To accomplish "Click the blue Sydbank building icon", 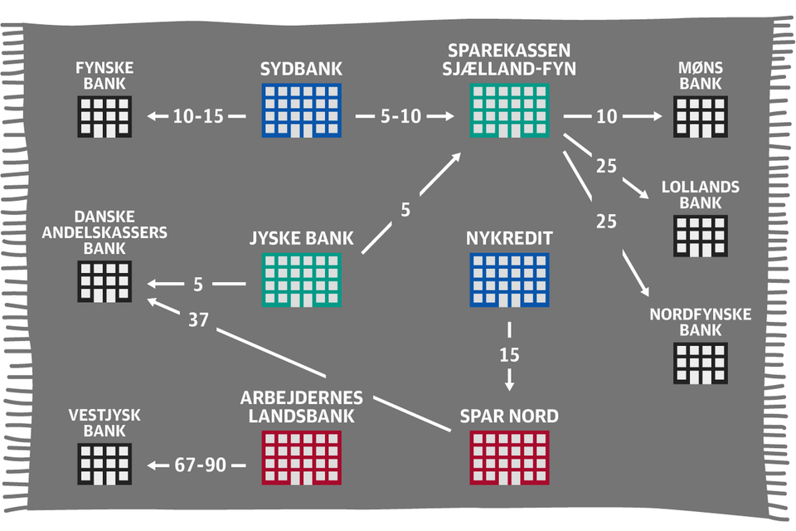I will coord(301,111).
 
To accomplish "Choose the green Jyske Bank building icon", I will coord(301,279).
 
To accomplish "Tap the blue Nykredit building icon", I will coord(509,279).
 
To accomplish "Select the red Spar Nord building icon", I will coord(509,455).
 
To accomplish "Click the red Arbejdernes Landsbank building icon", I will coord(301,455).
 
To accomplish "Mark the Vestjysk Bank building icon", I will coord(105,465).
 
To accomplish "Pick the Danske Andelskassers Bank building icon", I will coord(105,280).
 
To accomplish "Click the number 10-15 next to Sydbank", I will coord(198,117).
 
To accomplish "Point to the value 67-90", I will coord(199,466).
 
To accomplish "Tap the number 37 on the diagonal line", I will coord(198,319).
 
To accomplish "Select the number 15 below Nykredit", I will coord(509,355).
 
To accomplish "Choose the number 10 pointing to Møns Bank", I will coord(607,117).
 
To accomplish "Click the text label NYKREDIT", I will coord(509,240).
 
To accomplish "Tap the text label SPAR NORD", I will coord(509,416).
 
